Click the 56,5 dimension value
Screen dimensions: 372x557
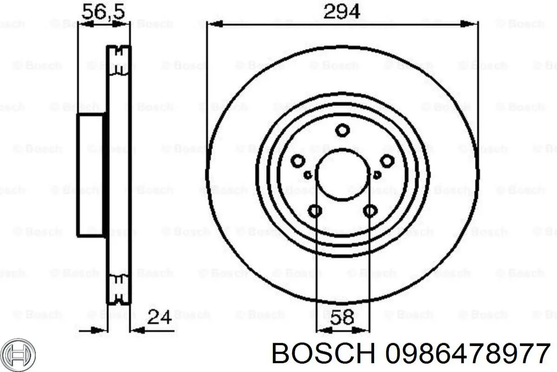103,11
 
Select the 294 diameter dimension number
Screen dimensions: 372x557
342,11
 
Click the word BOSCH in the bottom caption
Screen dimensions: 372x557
324,355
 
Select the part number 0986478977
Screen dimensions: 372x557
468,355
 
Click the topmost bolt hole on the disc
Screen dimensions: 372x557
342,131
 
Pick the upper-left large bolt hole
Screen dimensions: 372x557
298,161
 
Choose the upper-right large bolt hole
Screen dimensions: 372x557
387,161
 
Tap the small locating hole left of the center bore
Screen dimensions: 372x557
307,175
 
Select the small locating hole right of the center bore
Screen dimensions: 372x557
377,175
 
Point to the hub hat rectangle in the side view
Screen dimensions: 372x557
91,175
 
